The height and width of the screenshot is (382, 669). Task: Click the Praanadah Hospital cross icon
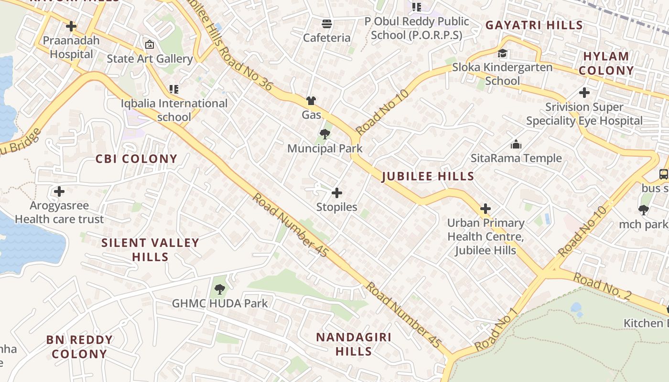pyautogui.click(x=71, y=26)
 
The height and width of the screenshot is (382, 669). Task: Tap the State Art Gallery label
pyautogui.click(x=150, y=59)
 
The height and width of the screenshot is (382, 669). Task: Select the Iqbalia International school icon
pyautogui.click(x=174, y=89)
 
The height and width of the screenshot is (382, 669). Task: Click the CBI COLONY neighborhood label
pyautogui.click(x=136, y=159)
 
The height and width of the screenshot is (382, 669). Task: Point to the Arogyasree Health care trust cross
pyautogui.click(x=59, y=191)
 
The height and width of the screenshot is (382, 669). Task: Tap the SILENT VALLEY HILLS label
pyautogui.click(x=150, y=250)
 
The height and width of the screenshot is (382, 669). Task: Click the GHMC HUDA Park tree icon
pyautogui.click(x=220, y=288)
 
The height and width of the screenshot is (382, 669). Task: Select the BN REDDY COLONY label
pyautogui.click(x=79, y=347)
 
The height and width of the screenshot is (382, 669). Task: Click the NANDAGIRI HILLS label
pyautogui.click(x=354, y=344)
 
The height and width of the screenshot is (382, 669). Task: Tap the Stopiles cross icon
pyautogui.click(x=337, y=193)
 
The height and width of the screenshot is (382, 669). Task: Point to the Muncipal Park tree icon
pyautogui.click(x=325, y=134)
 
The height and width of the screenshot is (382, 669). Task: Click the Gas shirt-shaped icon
pyautogui.click(x=311, y=101)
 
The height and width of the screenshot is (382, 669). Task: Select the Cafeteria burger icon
pyautogui.click(x=327, y=23)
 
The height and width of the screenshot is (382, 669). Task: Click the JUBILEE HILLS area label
pyautogui.click(x=428, y=176)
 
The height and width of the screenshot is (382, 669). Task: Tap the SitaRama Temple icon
pyautogui.click(x=516, y=144)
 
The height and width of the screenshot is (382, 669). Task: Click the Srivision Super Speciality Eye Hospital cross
pyautogui.click(x=584, y=93)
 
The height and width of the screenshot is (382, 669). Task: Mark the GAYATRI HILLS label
pyautogui.click(x=534, y=25)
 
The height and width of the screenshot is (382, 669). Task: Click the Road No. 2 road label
pyautogui.click(x=602, y=286)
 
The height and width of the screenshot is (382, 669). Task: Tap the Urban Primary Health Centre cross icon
pyautogui.click(x=486, y=209)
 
